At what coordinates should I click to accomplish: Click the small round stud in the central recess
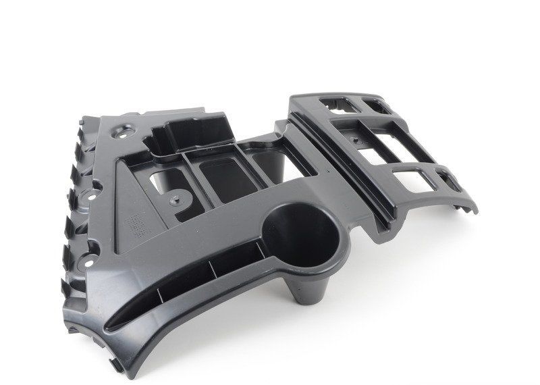pos(178,200)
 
